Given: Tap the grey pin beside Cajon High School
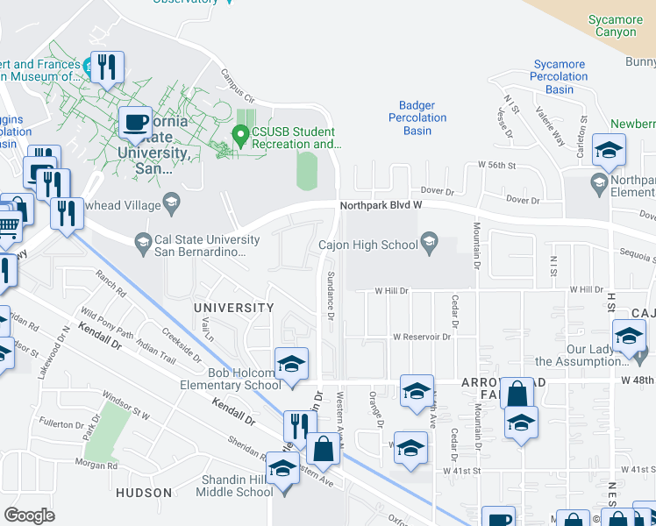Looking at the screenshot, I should (430, 239).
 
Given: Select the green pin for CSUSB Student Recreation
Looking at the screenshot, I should (239, 134).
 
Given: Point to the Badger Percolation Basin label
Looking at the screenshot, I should (417, 118).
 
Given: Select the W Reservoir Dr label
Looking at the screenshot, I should (421, 336).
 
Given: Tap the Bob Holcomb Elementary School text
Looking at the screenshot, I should (231, 379).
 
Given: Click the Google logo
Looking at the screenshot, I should (29, 515).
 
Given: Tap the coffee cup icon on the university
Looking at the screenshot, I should (135, 122).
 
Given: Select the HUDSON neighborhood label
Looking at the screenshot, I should (141, 494).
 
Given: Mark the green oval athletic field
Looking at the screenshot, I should (306, 170).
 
